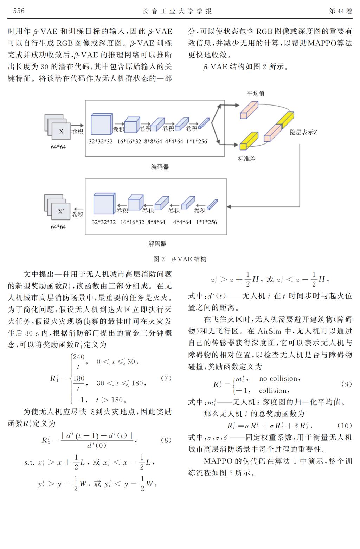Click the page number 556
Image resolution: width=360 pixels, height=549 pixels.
point(19,11)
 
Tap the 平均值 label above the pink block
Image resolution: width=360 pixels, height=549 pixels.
point(256,94)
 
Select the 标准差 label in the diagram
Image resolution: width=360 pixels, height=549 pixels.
point(246,159)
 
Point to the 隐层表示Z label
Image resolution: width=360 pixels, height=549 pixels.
point(303,132)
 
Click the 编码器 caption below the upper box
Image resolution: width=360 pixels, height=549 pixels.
point(160,167)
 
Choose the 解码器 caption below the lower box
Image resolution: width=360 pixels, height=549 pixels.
point(157,244)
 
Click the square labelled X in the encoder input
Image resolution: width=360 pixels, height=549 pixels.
point(61,132)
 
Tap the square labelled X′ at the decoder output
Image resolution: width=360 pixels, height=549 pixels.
point(61,211)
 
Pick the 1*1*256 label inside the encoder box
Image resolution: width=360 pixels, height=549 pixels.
point(197,141)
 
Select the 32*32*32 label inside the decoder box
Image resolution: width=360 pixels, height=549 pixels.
point(104,222)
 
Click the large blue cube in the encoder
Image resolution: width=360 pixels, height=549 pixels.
point(102,124)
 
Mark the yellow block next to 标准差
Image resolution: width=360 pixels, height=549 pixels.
point(249,141)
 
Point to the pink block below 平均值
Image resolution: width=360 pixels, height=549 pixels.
point(249,110)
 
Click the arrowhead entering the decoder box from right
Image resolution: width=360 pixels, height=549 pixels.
point(229,206)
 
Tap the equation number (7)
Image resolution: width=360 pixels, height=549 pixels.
point(166,378)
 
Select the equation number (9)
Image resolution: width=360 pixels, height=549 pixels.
point(347,384)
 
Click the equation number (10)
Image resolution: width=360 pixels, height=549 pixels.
point(345,426)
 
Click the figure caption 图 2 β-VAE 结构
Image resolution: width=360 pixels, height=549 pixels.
point(180,259)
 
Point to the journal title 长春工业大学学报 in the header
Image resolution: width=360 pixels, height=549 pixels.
point(177,11)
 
